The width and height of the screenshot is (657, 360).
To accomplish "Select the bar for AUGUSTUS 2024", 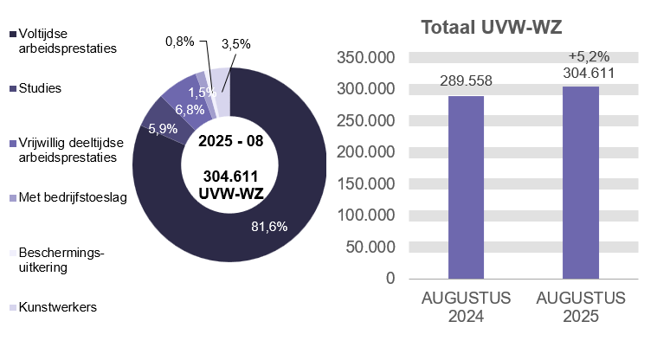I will pyautogui.click(x=465, y=186).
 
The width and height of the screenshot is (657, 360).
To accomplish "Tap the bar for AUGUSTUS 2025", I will pyautogui.click(x=580, y=182).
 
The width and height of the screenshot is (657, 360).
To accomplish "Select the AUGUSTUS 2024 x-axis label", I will pyautogui.click(x=466, y=307).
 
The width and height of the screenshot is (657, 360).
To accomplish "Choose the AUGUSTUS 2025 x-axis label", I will pyautogui.click(x=580, y=307).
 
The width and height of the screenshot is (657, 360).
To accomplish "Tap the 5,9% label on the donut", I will pyautogui.click(x=163, y=129).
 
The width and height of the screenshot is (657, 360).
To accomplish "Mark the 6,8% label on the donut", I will pyautogui.click(x=190, y=110).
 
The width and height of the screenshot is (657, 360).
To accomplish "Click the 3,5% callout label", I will pyautogui.click(x=235, y=43).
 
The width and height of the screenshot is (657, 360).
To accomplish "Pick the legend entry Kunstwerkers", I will pyautogui.click(x=57, y=307).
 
